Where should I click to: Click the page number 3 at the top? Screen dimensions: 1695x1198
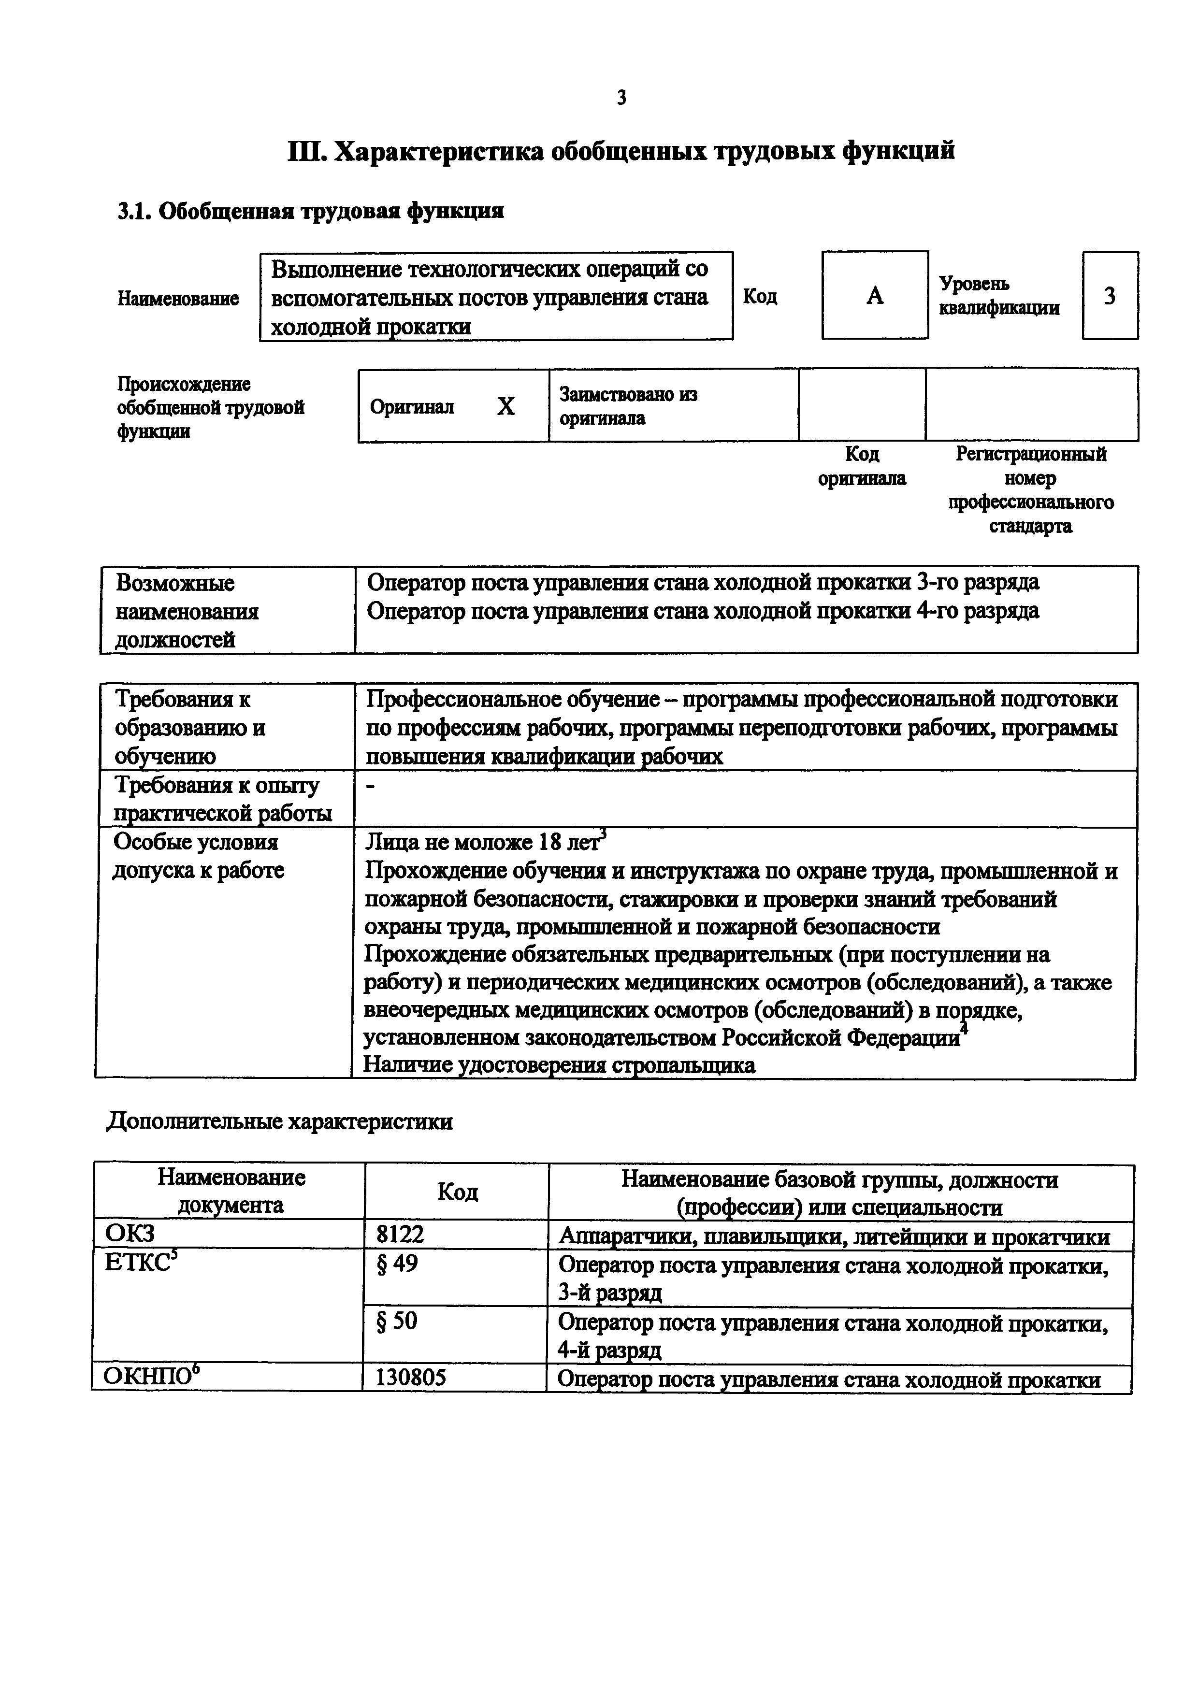[x=621, y=97]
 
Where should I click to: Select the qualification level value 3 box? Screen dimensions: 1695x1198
[x=1110, y=296]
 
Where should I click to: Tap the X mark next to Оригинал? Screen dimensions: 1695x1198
[x=505, y=406]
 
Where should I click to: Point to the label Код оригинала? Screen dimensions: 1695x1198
[x=861, y=466]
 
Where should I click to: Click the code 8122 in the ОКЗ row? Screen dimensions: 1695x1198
[x=400, y=1235]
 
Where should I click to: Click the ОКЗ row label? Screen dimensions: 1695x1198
[x=130, y=1235]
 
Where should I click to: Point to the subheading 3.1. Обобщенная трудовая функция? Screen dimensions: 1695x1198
[x=310, y=211]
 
